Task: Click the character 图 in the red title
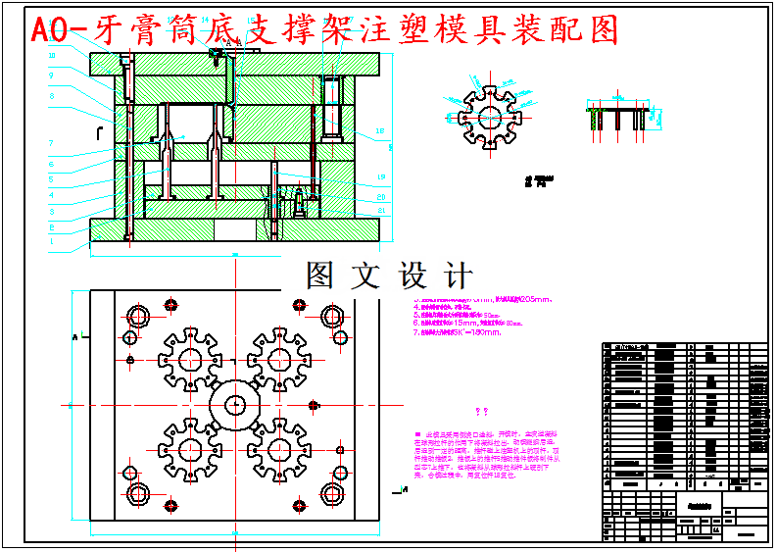click(x=605, y=30)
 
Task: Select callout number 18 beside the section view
click(x=380, y=130)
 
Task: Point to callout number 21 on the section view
click(x=381, y=210)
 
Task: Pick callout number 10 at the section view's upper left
click(x=51, y=56)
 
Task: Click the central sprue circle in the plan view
click(x=235, y=403)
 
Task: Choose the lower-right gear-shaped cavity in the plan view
click(x=280, y=449)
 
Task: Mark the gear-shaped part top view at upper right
click(x=485, y=114)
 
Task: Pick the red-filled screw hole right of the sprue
click(x=314, y=404)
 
